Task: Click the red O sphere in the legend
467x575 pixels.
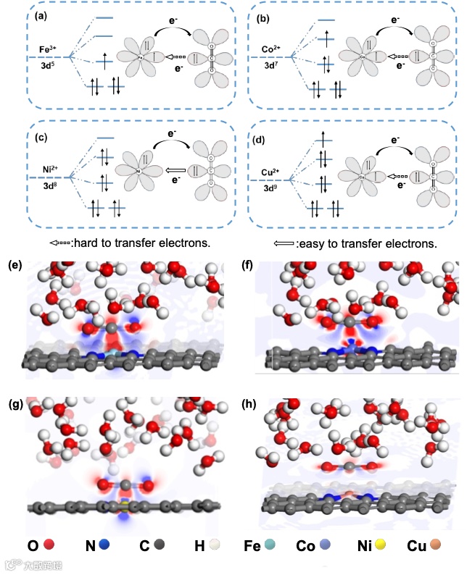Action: (x=49, y=543)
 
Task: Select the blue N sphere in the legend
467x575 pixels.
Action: (x=105, y=543)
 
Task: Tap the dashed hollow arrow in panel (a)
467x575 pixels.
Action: (x=168, y=56)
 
